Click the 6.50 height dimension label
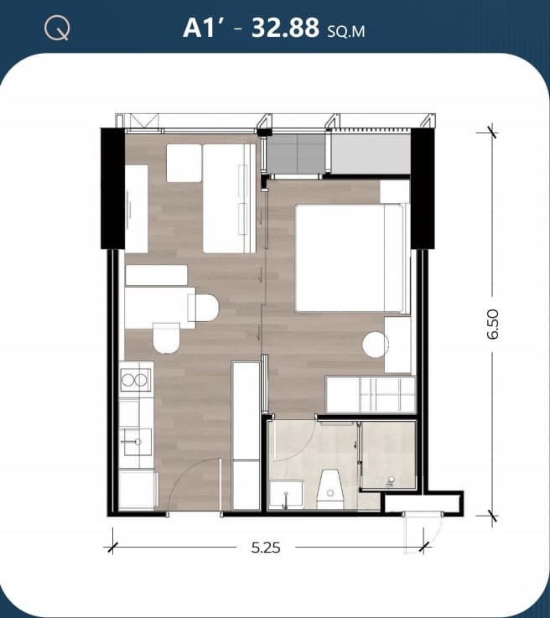pos(492,324)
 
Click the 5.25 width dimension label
pos(266,548)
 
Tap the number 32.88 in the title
pos(285,28)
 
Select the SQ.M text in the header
pos(346,31)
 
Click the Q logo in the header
pos(58,29)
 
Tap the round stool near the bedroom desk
pos(375,345)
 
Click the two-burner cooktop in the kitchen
pos(136,380)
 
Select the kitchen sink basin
pos(136,442)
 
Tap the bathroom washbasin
pos(286,494)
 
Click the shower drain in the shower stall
pos(392,480)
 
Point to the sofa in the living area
pos(230,198)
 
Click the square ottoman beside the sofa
pos(184,163)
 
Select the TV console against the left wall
pos(137,209)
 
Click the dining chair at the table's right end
pos(203,309)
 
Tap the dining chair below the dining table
pos(166,338)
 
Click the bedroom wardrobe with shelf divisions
pos(371,394)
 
